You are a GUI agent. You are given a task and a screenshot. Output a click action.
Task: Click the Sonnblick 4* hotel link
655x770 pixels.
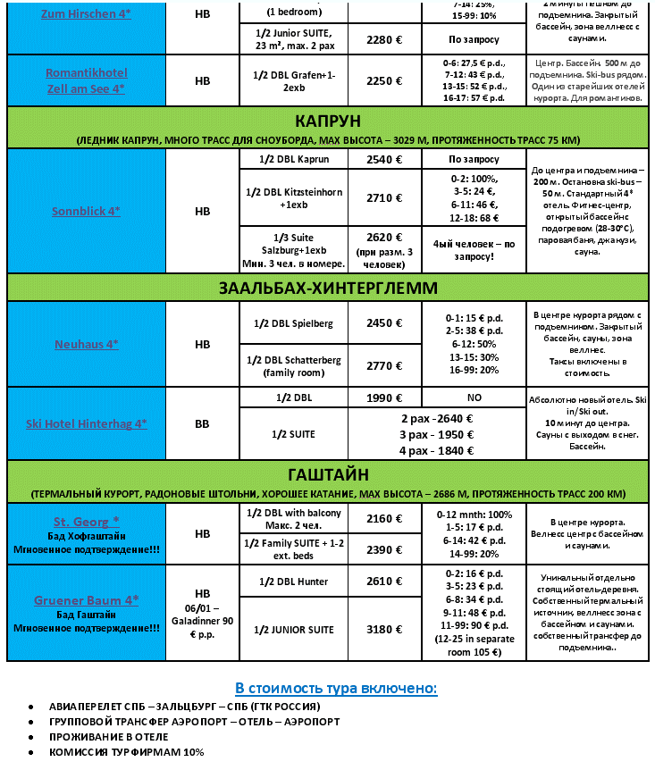86,211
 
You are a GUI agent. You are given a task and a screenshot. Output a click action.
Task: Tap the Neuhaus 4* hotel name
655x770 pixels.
86,344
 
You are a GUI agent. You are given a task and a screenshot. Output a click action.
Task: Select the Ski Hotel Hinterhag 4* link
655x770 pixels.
86,424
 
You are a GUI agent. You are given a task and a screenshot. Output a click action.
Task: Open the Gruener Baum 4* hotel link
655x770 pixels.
86,600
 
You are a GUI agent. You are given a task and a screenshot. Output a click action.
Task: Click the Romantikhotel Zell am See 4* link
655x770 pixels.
86,80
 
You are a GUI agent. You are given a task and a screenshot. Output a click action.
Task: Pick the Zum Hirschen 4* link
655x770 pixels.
86,13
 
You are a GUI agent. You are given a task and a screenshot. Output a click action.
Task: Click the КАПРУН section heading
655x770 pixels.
327,121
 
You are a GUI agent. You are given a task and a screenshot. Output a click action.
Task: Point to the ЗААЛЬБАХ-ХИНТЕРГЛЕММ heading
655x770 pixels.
327,288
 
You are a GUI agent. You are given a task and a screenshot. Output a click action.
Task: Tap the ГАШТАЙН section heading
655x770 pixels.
327,474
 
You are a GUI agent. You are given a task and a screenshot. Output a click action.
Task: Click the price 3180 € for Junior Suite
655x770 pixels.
384,630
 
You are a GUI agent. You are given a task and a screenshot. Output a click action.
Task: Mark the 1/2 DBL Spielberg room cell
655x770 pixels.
293,323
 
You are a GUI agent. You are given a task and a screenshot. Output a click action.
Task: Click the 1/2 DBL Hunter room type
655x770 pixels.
293,582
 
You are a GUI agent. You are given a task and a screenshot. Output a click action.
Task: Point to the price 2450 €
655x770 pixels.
384,323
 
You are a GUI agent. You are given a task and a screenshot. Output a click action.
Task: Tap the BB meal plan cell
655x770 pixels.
203,424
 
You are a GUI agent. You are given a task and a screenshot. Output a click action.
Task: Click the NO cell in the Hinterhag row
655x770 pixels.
474,397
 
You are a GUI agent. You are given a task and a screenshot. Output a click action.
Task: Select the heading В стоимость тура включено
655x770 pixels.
336,688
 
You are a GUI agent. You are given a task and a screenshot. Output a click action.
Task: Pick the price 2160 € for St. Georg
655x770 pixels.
384,517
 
